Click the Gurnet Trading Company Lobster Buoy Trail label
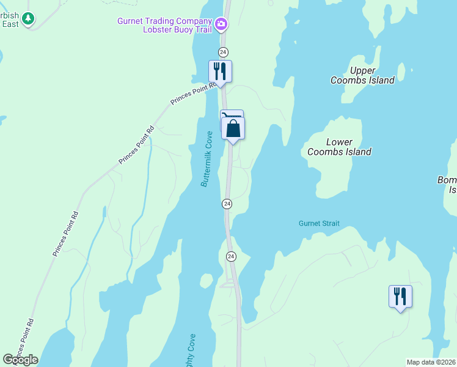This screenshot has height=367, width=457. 166,24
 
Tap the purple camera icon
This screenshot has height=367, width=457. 221,25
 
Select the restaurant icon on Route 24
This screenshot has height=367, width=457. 220,72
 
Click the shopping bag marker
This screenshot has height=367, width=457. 233,128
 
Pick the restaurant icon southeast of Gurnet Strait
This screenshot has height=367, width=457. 400,297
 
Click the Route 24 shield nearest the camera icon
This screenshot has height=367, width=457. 224,51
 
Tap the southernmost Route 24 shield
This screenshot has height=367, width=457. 231,256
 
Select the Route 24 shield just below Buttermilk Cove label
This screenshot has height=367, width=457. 227,203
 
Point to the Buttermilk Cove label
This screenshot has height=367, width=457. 206,162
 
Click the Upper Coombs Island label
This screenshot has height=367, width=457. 362,75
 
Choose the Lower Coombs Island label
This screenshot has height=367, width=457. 339,147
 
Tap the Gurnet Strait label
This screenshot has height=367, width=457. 319,224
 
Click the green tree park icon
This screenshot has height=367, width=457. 28,20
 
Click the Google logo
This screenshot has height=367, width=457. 20,360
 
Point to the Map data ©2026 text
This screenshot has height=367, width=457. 431,362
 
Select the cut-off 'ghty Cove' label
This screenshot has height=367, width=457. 191,349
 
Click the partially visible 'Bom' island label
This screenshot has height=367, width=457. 448,185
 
